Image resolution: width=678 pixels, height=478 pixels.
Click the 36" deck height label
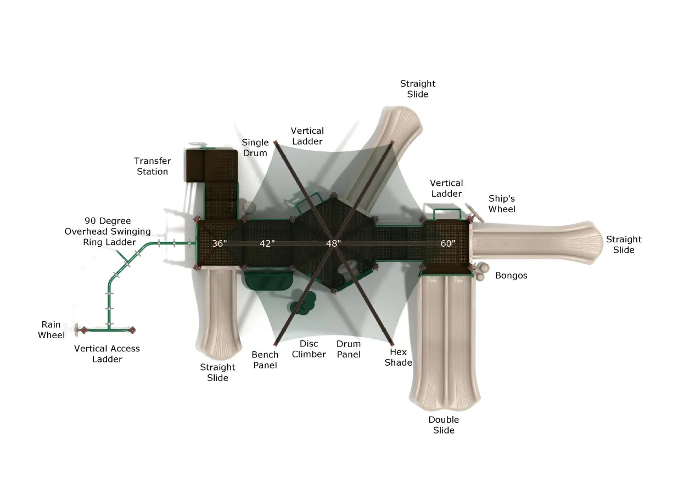point(219,243)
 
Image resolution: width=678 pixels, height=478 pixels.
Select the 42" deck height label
point(267,243)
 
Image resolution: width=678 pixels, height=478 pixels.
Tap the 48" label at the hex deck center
point(333,243)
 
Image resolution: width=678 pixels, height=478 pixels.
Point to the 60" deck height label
point(448,243)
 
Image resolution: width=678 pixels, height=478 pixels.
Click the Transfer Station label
point(153,166)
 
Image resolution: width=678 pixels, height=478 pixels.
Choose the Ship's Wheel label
point(502,204)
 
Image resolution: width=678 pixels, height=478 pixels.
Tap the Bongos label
point(511,276)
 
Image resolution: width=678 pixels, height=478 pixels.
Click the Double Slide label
point(444,425)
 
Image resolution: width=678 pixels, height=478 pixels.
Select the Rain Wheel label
point(51,329)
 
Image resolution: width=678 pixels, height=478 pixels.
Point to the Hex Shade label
point(399,357)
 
